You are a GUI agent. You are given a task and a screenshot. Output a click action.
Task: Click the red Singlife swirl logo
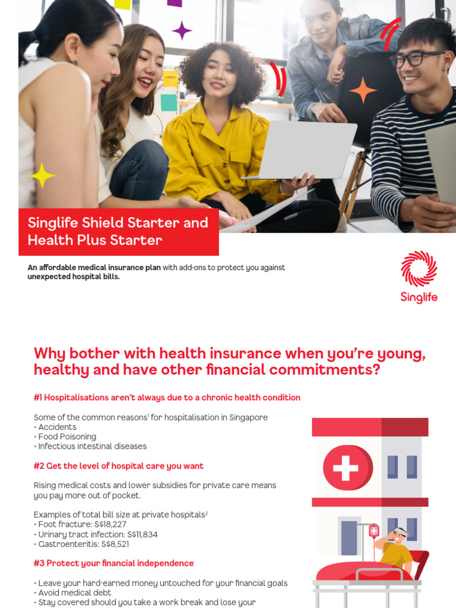click(x=419, y=268)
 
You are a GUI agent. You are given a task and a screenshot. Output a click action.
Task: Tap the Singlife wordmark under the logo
click(x=419, y=297)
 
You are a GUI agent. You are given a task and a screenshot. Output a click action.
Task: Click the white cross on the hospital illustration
click(x=346, y=467)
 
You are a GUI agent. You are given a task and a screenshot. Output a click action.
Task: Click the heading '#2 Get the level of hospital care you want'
click(x=119, y=466)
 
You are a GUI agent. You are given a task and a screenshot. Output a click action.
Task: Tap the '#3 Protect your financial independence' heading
click(x=114, y=563)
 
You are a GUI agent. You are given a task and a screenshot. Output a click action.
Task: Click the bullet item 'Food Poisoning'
click(x=66, y=436)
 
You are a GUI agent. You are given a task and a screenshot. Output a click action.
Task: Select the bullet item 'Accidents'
click(x=57, y=427)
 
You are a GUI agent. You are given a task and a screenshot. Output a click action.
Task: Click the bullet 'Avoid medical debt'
click(x=75, y=593)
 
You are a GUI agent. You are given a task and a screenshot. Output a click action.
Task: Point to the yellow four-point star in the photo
click(x=42, y=176)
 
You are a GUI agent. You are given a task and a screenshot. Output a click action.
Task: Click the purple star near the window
click(x=182, y=30)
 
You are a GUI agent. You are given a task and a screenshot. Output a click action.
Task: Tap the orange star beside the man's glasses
click(x=363, y=90)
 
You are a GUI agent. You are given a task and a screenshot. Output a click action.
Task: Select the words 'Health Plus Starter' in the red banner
click(x=95, y=240)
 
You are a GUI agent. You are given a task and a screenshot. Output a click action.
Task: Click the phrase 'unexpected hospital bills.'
click(x=74, y=277)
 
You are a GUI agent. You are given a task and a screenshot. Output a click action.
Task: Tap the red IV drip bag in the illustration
click(x=374, y=531)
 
